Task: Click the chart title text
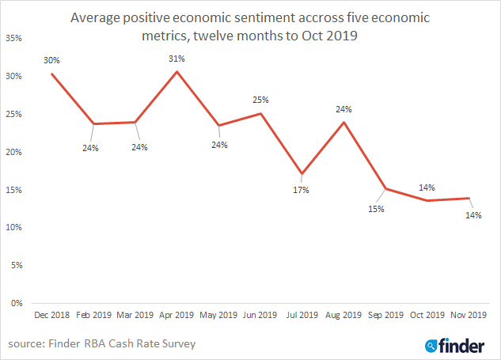[250, 25]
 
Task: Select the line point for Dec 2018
[51, 74]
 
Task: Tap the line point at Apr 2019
[176, 71]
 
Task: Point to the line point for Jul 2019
[302, 174]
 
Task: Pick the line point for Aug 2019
[343, 121]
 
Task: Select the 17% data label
[302, 190]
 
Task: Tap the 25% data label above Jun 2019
[261, 100]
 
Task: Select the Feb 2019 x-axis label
[93, 315]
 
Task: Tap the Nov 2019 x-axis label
[468, 315]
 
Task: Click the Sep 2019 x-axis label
[385, 315]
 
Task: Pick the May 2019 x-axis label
[218, 315]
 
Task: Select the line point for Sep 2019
[385, 189]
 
